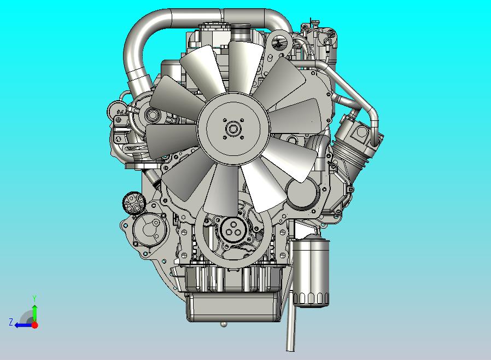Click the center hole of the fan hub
tap(233, 129)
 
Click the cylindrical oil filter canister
tap(312, 272)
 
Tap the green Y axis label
tap(34, 298)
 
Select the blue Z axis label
tap(11, 322)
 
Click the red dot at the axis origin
tap(35, 325)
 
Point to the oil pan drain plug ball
tap(223, 323)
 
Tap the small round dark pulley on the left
tap(135, 203)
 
